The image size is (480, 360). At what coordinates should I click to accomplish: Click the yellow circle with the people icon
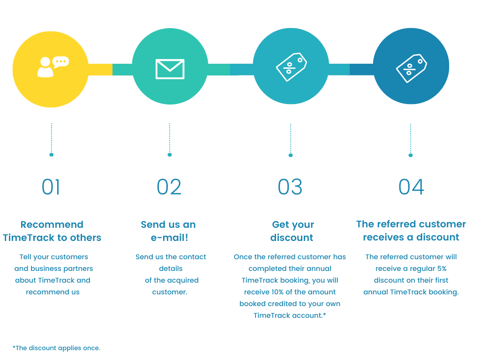click(50, 69)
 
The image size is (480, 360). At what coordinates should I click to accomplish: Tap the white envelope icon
click(170, 69)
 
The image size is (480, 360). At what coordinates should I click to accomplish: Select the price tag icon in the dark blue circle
click(411, 68)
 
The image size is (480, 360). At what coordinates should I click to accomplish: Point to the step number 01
click(51, 187)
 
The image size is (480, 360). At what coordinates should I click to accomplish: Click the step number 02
click(169, 187)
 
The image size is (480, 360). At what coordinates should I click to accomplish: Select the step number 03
click(290, 187)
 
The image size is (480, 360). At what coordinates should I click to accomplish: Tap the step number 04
click(411, 187)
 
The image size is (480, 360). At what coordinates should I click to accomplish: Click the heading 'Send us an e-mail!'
click(169, 231)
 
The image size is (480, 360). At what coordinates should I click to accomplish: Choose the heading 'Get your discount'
click(292, 231)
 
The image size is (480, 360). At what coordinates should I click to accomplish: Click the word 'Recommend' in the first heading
click(52, 225)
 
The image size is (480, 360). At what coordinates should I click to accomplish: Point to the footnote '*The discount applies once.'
click(56, 348)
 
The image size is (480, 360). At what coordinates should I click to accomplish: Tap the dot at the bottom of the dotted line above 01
click(52, 154)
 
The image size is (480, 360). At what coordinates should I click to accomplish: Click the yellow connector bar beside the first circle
click(100, 69)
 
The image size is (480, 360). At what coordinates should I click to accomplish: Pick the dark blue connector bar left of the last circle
click(361, 69)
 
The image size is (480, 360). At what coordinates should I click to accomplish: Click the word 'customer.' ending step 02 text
click(170, 292)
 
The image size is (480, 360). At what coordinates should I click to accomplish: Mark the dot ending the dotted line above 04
click(411, 155)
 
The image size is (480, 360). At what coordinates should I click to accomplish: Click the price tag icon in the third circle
click(291, 67)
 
